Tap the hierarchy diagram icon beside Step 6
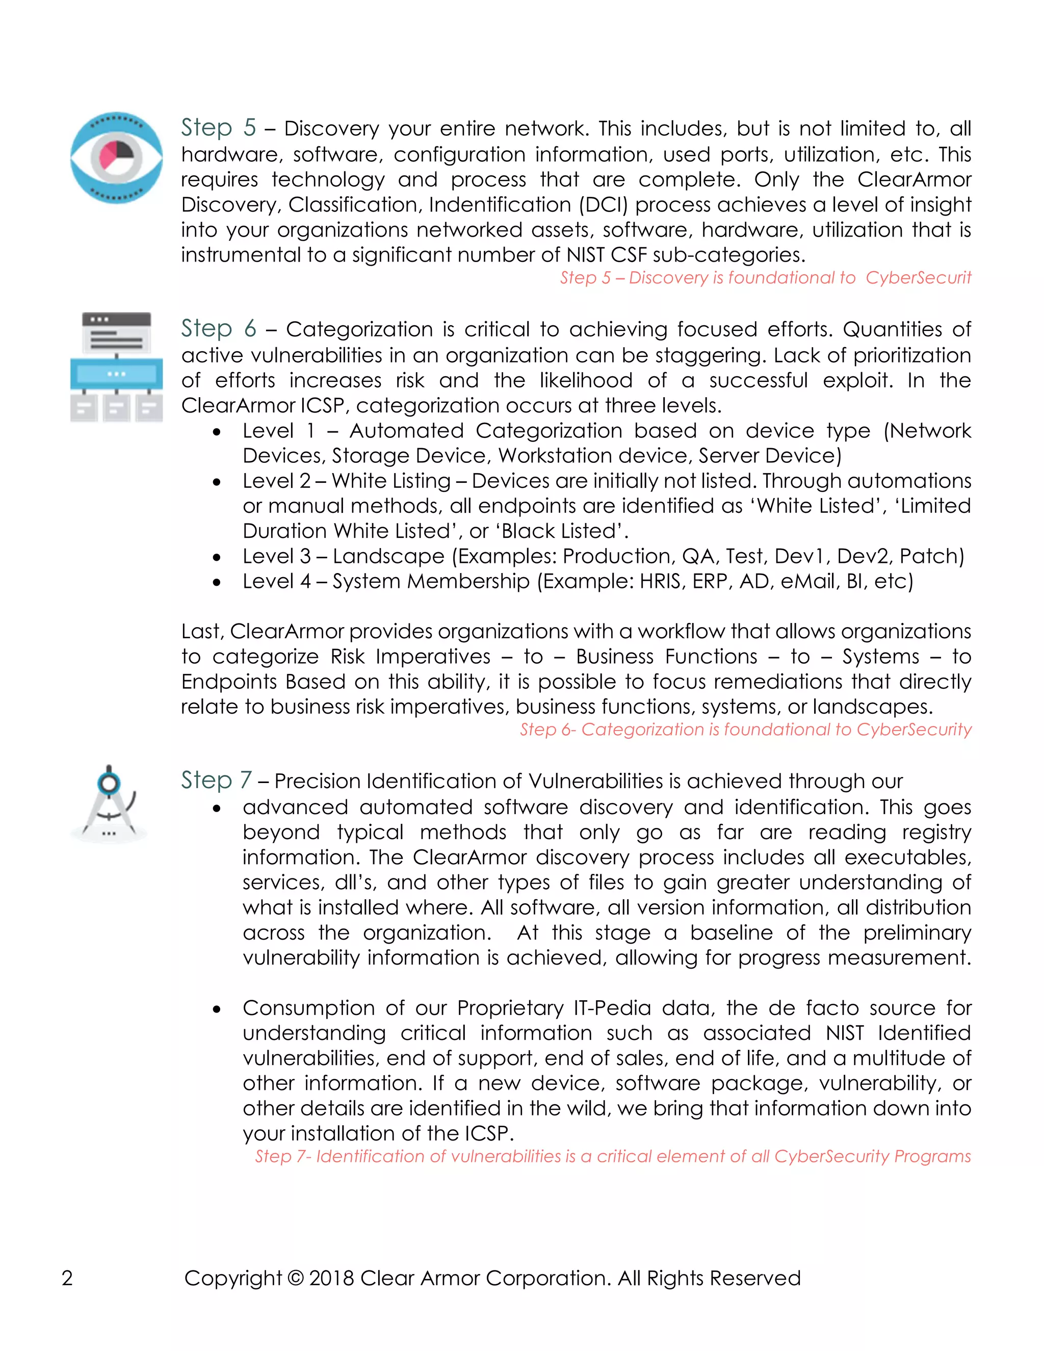click(116, 367)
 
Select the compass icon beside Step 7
click(110, 803)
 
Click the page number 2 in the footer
click(67, 1278)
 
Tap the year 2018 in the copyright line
click(331, 1278)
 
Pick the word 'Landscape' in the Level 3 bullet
click(388, 556)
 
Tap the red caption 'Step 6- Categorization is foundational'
click(745, 730)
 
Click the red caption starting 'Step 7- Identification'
click(612, 1156)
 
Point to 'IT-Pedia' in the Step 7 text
click(612, 1008)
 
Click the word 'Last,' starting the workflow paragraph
click(202, 632)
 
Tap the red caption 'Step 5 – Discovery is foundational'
click(765, 278)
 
